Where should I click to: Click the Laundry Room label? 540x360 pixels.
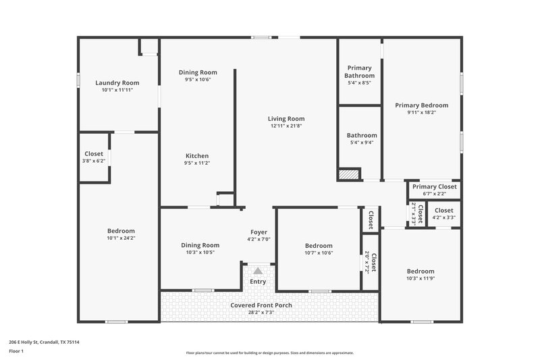click(x=117, y=83)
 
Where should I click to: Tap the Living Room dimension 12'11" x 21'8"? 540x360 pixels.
click(x=287, y=126)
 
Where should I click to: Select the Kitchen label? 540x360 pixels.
click(x=197, y=155)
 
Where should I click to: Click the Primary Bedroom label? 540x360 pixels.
click(x=422, y=105)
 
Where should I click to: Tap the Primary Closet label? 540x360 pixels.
click(x=435, y=186)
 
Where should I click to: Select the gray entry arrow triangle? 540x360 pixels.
click(x=258, y=270)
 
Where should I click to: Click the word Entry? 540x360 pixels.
click(x=258, y=282)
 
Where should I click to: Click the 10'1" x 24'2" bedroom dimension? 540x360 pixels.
click(x=121, y=238)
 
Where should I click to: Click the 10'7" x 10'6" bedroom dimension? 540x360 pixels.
click(x=319, y=253)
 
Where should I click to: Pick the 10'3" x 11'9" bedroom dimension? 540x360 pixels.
click(x=421, y=278)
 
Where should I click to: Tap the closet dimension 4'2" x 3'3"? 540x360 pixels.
click(x=444, y=218)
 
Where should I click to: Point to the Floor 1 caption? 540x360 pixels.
click(x=17, y=352)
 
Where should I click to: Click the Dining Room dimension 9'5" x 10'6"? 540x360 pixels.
click(x=198, y=79)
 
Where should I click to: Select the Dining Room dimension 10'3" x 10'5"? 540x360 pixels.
click(x=200, y=253)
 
